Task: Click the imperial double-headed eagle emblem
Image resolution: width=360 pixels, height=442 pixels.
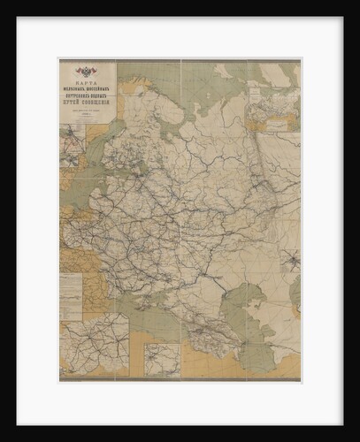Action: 88,72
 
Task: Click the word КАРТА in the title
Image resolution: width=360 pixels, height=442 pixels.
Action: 88,81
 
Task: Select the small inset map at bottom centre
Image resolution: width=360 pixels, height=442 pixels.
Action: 162,359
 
